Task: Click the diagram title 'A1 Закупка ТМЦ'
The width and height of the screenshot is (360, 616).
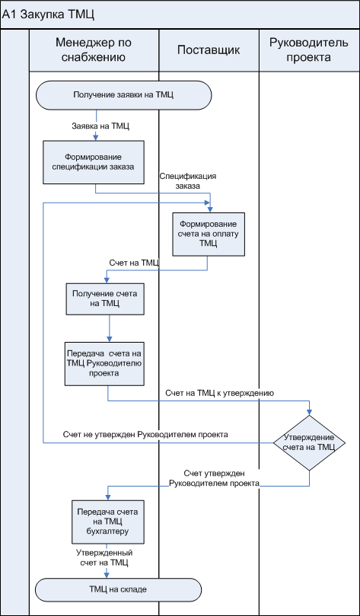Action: coord(49,15)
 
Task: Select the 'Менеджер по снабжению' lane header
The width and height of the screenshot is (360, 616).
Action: coord(94,51)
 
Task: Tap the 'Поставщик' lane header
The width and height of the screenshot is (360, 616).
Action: coord(209,51)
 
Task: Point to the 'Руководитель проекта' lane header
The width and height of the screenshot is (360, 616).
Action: coord(309,51)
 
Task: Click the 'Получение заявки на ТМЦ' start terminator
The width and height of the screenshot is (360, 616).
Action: coord(123,94)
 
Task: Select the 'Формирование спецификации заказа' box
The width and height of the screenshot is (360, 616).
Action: coord(94,162)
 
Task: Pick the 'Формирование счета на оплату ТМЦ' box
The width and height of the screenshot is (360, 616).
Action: coord(208,234)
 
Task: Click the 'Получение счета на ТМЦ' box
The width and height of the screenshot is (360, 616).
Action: coord(104,298)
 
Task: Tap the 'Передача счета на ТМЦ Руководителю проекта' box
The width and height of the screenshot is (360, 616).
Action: coord(104,363)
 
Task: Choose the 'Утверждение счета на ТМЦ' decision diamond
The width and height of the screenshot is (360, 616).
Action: coord(309,442)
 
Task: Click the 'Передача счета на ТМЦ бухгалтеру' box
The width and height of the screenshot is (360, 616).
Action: coord(108,522)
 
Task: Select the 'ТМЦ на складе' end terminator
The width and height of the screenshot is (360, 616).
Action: coord(118,589)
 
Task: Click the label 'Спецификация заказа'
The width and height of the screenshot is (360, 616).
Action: coord(188,181)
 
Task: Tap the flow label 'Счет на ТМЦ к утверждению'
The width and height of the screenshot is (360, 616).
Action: coord(219,392)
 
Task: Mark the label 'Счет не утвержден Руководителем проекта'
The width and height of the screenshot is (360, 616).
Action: coord(145,435)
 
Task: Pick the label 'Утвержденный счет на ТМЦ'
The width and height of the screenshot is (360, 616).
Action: coord(104,557)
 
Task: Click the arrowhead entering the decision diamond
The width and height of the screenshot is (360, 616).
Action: coord(309,413)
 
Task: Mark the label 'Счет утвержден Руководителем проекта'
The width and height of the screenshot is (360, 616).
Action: coord(215,478)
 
